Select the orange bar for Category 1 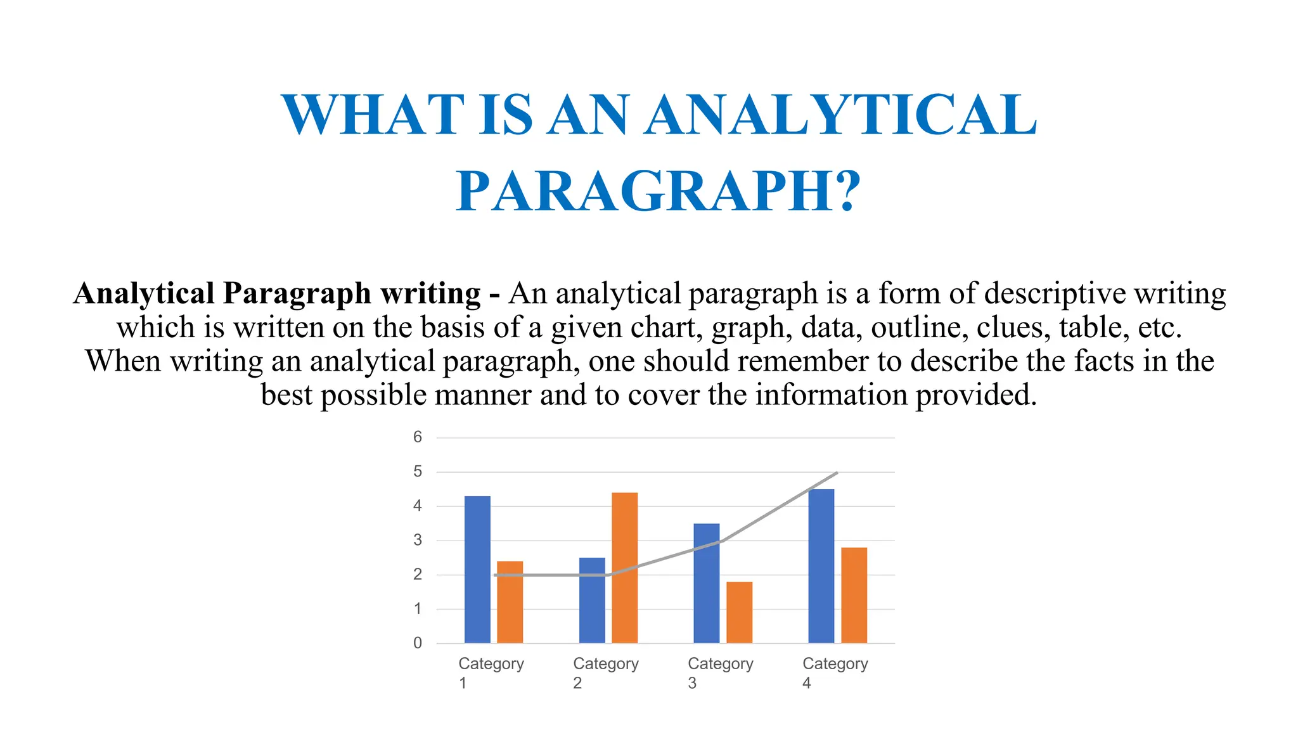coord(510,602)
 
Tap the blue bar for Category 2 coord(592,600)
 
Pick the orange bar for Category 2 coord(625,568)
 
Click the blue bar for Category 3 coord(707,583)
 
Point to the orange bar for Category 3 coord(740,612)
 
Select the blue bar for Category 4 coord(821,566)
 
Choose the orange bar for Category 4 coord(854,595)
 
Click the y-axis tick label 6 coord(418,437)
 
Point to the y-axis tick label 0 coord(418,643)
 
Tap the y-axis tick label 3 coord(418,541)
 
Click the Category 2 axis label coord(605,672)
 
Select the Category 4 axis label coord(835,672)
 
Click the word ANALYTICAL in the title coord(840,115)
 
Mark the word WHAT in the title coord(373,115)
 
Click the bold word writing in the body coord(430,293)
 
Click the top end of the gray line coord(837,472)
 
